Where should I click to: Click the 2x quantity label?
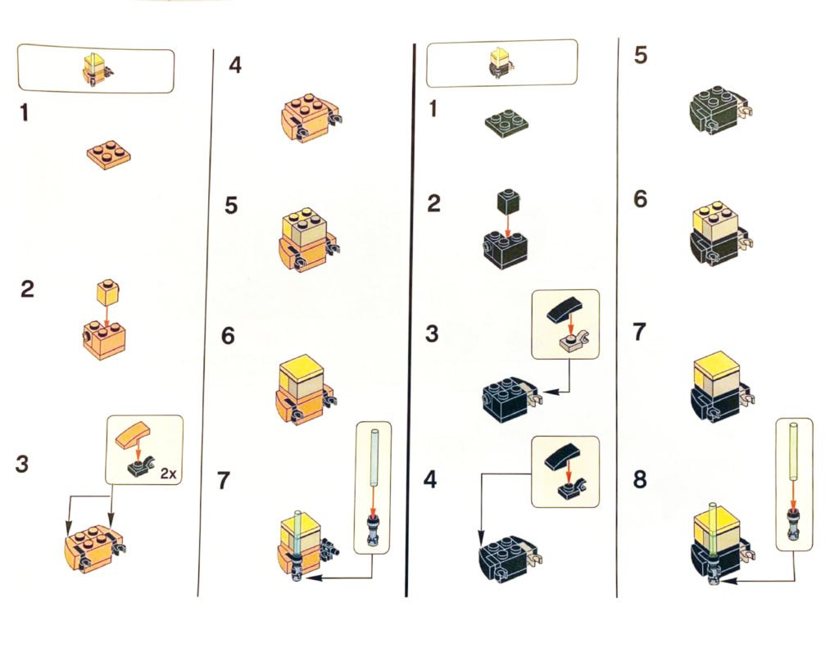pos(168,473)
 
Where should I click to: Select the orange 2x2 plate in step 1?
pos(109,155)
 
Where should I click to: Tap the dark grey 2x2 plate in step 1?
pos(506,123)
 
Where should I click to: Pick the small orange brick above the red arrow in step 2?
pos(107,292)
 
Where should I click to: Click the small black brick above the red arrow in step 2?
pos(508,202)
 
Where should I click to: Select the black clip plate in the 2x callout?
pos(140,467)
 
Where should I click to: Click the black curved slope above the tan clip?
pos(565,310)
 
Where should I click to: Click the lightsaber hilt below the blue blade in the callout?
pos(373,531)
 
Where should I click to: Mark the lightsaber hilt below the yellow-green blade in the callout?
pos(793,525)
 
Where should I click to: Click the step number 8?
pos(640,479)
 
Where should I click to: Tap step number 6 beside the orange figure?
pos(228,336)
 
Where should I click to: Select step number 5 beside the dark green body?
pos(640,55)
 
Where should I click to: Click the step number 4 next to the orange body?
pos(234,66)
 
